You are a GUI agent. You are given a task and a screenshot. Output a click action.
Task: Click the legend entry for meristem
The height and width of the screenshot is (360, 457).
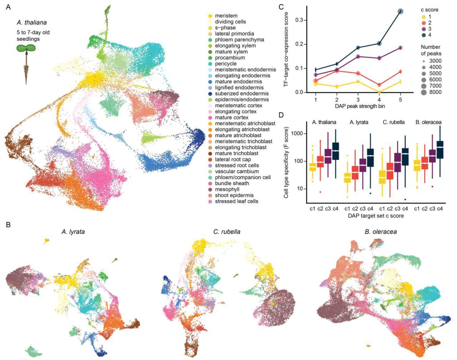pos(226,16)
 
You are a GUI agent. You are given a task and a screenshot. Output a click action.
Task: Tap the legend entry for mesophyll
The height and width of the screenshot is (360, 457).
pos(227,189)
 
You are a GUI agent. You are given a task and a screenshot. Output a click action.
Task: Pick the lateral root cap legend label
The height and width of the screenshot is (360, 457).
pos(233,159)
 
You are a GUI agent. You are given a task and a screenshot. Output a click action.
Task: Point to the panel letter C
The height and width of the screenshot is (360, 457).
pos(281,6)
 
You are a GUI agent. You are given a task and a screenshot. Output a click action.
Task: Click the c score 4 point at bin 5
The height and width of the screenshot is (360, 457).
pos(401,12)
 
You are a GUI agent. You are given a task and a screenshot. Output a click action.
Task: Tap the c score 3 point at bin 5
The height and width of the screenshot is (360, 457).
pos(401,48)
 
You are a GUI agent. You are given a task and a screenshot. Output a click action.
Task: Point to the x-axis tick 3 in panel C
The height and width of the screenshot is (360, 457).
pos(358,100)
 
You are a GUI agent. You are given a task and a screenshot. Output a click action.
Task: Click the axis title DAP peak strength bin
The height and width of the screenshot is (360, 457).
pos(358,106)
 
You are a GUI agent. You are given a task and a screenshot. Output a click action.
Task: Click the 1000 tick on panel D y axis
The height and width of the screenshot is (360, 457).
pos(298,134)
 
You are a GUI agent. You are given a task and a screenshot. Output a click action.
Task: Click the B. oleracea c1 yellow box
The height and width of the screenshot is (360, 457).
pos(417,166)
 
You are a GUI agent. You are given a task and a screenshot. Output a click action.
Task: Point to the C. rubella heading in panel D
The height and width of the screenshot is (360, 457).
pos(393,122)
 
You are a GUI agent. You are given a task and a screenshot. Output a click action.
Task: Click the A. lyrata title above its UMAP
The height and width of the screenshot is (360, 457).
pos(73,232)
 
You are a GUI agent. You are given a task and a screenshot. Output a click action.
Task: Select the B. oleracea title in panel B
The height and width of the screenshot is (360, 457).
pos(381,232)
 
